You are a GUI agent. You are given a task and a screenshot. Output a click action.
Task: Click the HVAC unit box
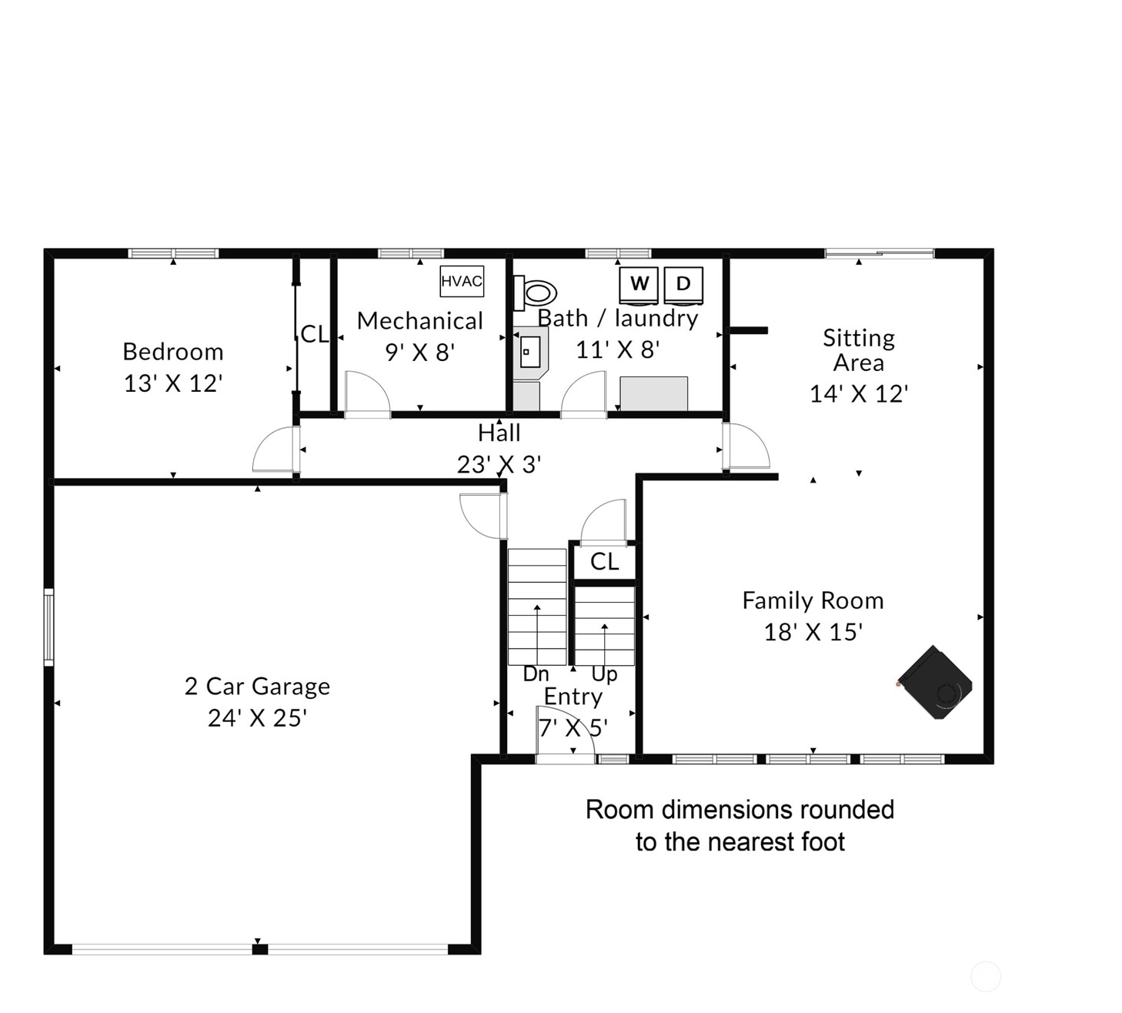tap(462, 281)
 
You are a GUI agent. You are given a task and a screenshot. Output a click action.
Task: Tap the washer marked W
tap(638, 286)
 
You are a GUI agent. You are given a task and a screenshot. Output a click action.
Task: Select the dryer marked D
tap(683, 286)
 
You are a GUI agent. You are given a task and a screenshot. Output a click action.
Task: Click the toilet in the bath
tap(535, 293)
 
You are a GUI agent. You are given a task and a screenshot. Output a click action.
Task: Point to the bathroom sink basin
tap(530, 352)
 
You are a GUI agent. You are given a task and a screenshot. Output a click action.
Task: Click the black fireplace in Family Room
tap(935, 682)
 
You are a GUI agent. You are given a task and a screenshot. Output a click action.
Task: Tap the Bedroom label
tap(173, 352)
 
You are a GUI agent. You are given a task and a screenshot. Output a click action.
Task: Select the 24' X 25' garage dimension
tap(257, 718)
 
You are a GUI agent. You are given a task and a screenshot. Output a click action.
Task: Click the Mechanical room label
tap(420, 321)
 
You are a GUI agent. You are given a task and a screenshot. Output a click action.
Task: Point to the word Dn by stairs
tap(536, 674)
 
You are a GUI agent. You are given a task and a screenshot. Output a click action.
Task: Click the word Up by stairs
tap(604, 675)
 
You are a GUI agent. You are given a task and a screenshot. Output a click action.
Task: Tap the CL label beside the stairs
tap(605, 561)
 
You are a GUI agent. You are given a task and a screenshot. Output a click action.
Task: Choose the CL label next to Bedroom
tap(314, 335)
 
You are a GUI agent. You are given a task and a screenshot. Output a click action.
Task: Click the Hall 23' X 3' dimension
tap(499, 464)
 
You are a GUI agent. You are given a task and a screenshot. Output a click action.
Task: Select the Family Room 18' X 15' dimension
tap(813, 633)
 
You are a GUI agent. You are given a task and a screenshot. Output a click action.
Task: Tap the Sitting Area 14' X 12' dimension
tap(859, 394)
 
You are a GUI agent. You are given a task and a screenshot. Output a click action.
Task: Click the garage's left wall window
tap(49, 627)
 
